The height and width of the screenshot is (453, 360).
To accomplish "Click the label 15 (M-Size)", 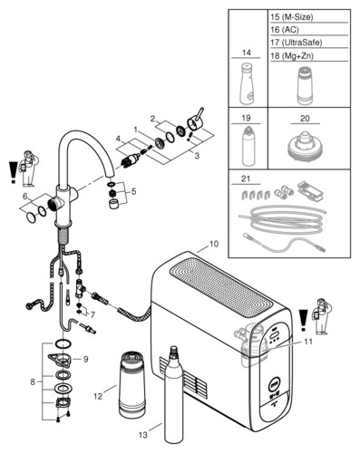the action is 291,17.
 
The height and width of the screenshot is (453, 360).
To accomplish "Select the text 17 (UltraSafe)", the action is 296,43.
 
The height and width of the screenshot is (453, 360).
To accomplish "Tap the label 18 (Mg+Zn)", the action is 291,56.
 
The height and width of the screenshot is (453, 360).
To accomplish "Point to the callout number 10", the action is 214,244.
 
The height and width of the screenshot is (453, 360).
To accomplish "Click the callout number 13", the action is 143,435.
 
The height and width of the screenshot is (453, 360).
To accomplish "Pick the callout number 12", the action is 98,396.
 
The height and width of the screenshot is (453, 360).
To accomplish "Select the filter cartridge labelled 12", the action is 132,384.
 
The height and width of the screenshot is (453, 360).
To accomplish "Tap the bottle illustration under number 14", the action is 247,83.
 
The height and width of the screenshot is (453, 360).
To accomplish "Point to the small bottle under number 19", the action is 248,146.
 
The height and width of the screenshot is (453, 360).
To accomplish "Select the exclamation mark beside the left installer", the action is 13,172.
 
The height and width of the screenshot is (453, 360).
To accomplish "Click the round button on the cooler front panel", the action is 274,387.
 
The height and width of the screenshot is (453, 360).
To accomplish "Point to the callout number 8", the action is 33,381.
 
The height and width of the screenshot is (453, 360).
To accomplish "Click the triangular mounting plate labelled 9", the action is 60,359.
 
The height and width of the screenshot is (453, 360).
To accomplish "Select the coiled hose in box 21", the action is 282,218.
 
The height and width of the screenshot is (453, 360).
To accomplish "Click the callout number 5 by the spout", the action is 133,191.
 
